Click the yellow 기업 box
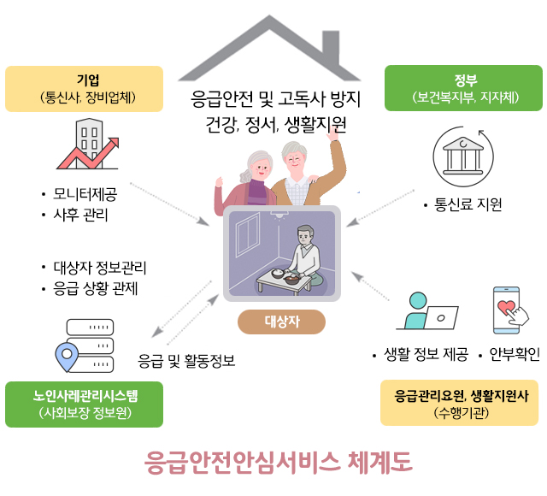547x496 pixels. pyautogui.click(x=84, y=89)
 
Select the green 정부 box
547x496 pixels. pyautogui.click(x=463, y=88)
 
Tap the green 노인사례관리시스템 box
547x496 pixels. pyautogui.click(x=84, y=404)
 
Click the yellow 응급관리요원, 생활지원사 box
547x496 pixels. pyautogui.click(x=460, y=403)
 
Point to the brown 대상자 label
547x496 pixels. pyautogui.click(x=281, y=322)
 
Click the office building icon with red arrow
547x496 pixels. pyautogui.click(x=88, y=144)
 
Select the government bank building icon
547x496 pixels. pyautogui.click(x=463, y=156)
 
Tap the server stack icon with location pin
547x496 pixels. pyautogui.click(x=85, y=345)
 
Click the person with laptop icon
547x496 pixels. pyautogui.click(x=427, y=311)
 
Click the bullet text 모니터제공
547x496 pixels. pyautogui.click(x=85, y=194)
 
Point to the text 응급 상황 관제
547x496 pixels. pyautogui.click(x=96, y=289)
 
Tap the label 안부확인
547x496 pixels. pyautogui.click(x=515, y=355)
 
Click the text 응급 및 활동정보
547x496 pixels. pyautogui.click(x=186, y=361)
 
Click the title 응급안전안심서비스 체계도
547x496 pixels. pyautogui.click(x=279, y=462)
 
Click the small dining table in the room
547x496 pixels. pyautogui.click(x=284, y=281)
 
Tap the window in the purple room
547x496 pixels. pyautogui.click(x=248, y=235)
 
